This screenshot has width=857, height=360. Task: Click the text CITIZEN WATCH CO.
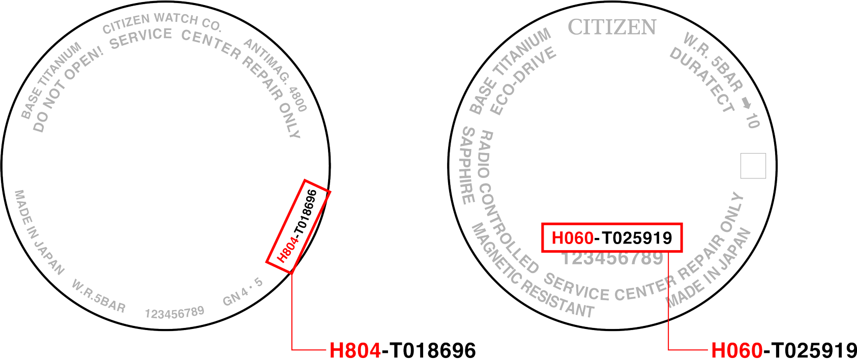pos(162,22)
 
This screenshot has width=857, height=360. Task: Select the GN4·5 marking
pos(243,292)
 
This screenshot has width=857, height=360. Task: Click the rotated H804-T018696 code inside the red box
pos(298,226)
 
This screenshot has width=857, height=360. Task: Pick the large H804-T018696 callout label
pos(402,350)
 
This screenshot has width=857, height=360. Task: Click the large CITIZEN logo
pos(612,27)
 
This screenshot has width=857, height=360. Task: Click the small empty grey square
pos(753,166)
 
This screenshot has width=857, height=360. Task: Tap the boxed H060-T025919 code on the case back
pos(611,237)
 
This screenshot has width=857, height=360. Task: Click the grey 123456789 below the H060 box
pos(612,258)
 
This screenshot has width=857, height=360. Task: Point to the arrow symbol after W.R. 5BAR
pos(746,103)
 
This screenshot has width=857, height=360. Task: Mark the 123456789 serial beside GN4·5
pos(174,312)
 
